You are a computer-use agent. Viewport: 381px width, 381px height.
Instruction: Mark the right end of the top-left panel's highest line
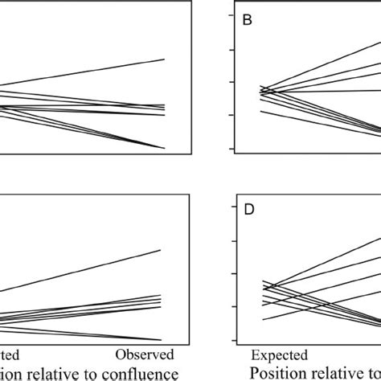coord(165,59)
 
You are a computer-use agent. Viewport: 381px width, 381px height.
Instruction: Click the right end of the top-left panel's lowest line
coord(165,148)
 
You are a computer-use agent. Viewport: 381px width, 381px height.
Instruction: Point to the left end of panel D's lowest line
coord(264,320)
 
